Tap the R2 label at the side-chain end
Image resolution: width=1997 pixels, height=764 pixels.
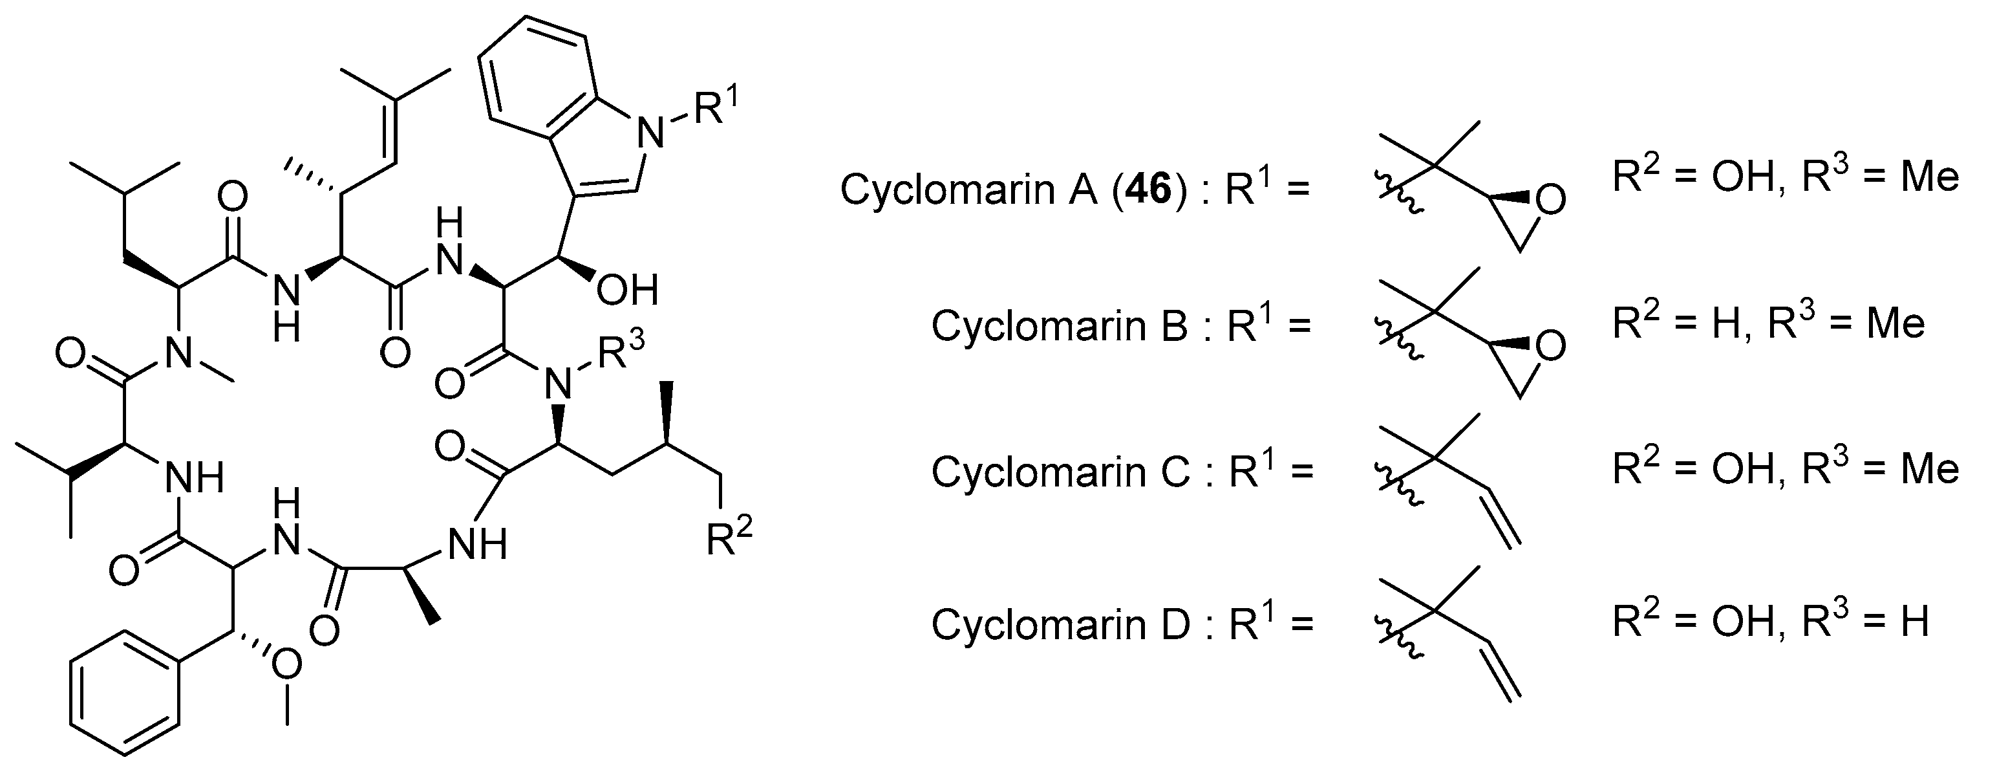[x=729, y=538]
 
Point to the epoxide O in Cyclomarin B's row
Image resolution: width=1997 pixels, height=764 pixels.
[x=1549, y=347]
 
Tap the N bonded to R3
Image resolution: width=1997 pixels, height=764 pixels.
[x=557, y=381]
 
